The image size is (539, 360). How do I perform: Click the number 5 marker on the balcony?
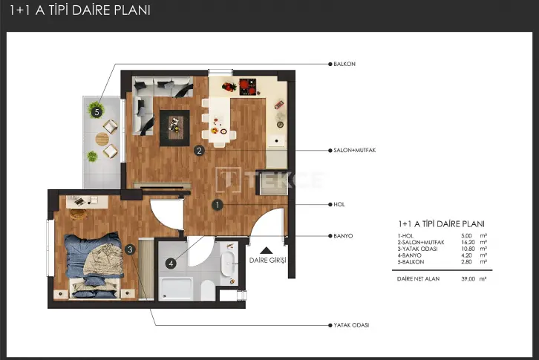pos(97,112)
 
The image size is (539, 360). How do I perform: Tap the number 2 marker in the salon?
pos(200,151)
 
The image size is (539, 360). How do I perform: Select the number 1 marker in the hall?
pos(218,205)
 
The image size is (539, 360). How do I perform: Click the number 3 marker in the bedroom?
pos(130,249)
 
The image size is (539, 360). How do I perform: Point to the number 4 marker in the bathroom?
pos(171,264)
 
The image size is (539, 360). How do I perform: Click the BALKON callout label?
pos(344,64)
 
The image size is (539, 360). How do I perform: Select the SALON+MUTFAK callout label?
pos(355,150)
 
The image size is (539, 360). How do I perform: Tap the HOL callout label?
pos(339,205)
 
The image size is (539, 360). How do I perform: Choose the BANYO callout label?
pos(343,236)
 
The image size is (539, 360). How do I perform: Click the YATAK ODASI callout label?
pos(351,325)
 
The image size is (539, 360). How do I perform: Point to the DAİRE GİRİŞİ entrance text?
pos(267,261)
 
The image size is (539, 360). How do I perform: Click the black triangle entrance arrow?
pos(267,250)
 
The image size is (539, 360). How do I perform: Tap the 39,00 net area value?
pos(468,279)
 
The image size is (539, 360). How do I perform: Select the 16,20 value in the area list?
pos(468,243)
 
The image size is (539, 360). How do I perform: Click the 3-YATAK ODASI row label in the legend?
pos(418,249)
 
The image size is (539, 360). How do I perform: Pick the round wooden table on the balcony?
pos(102,139)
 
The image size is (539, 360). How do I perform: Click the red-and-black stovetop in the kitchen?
pos(248,87)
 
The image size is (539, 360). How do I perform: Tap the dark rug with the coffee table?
pos(174,128)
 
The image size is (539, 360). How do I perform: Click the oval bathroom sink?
pos(227,264)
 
